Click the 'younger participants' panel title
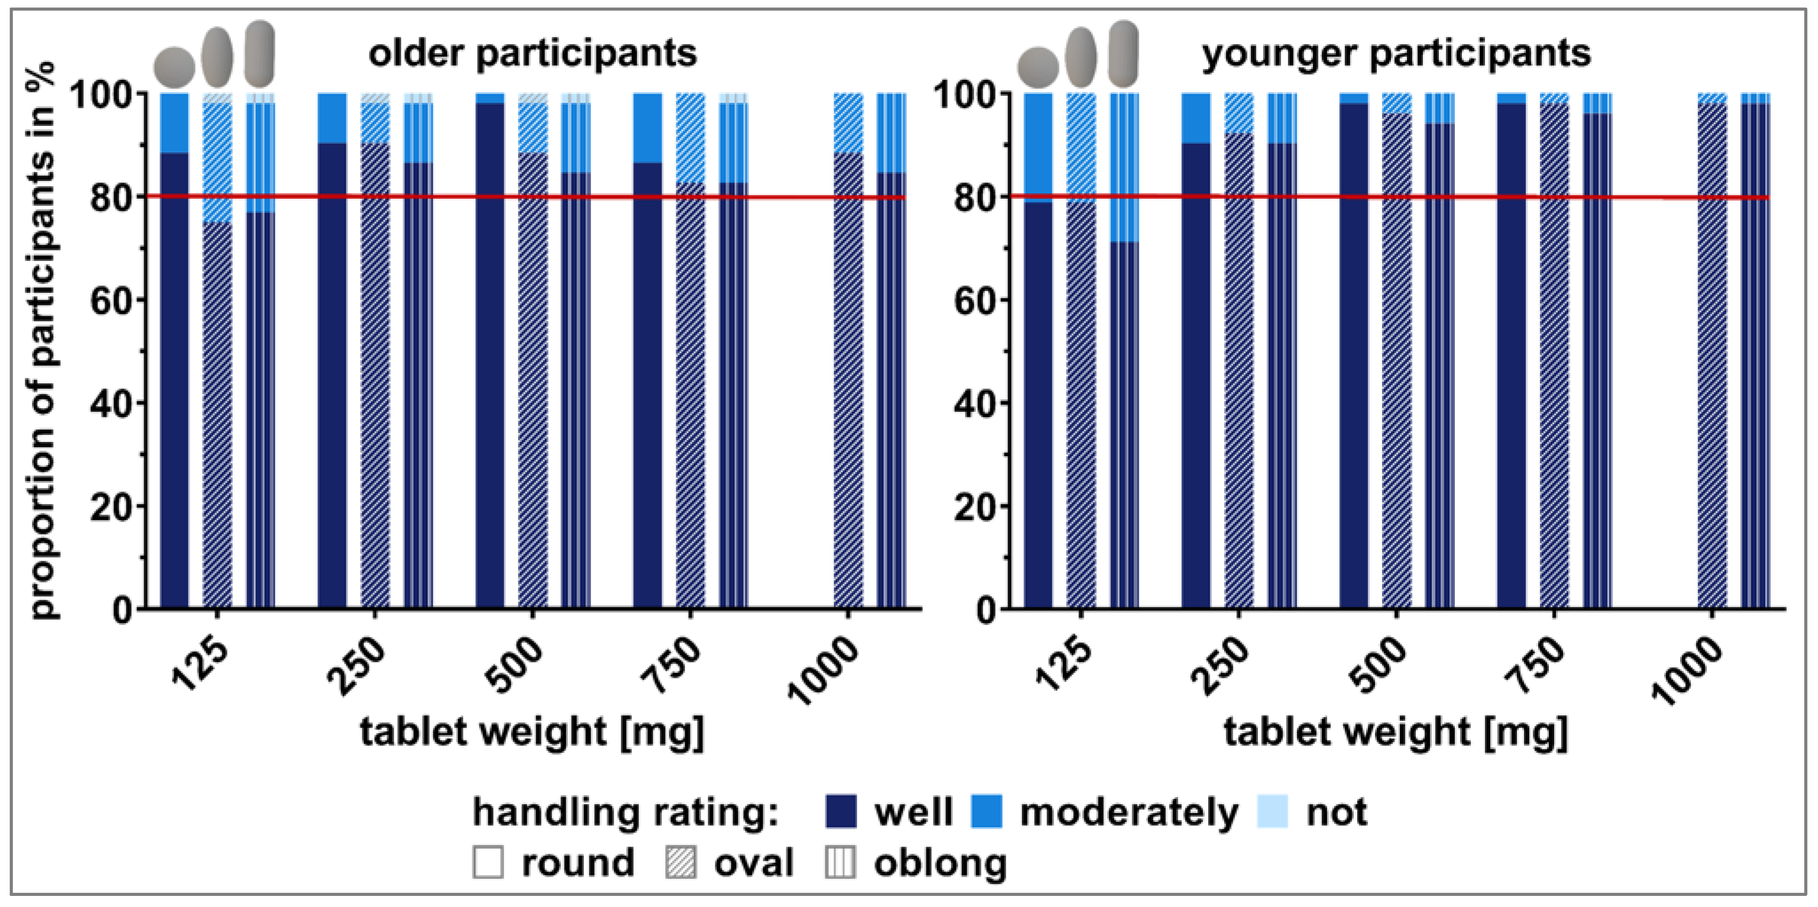(1396, 54)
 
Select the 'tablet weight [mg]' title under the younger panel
(1395, 731)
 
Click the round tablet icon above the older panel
(174, 66)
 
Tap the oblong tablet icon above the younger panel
(1123, 53)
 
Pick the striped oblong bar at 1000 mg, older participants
(891, 389)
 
